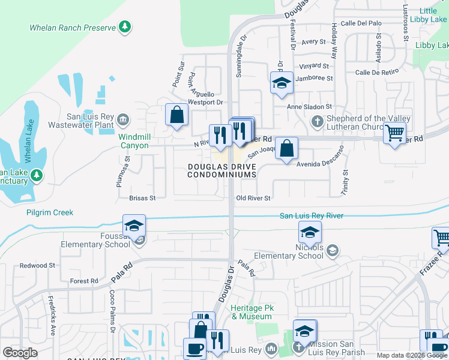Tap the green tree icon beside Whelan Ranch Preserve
click(x=124, y=26)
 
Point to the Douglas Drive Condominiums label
click(x=222, y=170)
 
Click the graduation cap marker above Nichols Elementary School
click(x=310, y=232)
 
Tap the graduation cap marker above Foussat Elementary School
click(x=134, y=226)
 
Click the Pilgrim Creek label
click(x=50, y=212)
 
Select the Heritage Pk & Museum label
click(x=252, y=312)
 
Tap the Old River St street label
click(x=254, y=198)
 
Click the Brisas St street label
click(x=142, y=197)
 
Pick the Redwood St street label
click(x=37, y=265)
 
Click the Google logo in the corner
click(x=20, y=353)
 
